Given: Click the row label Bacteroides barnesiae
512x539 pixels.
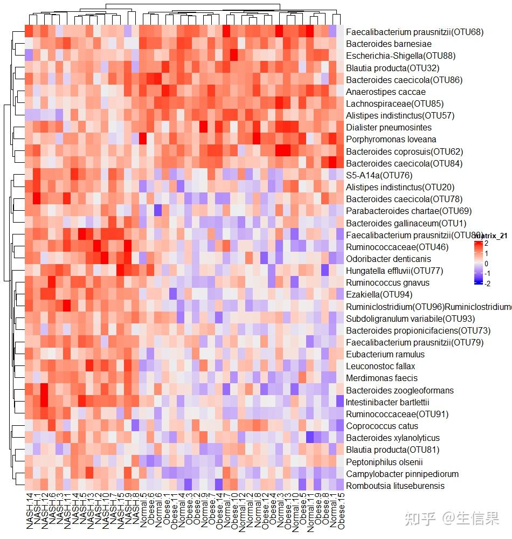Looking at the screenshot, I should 381,44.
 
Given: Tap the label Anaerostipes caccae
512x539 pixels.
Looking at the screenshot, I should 385,92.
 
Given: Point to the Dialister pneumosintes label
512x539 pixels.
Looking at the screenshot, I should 389,128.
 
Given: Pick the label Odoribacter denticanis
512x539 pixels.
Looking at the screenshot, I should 388,259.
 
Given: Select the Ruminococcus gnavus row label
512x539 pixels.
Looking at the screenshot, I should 388,282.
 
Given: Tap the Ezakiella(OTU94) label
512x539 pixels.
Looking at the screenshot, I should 379,294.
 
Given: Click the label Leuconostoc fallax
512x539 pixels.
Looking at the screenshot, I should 380,366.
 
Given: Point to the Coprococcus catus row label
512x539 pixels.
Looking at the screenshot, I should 382,426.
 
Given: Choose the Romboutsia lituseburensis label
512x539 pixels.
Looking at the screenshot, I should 395,486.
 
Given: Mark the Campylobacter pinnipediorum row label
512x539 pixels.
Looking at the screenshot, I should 402,474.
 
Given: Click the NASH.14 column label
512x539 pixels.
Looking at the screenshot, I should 29,513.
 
